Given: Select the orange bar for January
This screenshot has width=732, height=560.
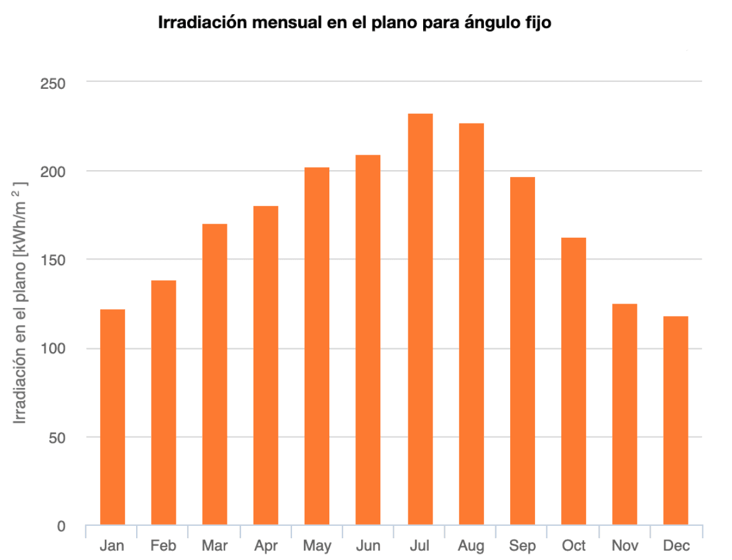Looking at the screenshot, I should [x=112, y=417].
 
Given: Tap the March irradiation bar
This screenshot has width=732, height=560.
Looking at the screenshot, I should [x=214, y=374].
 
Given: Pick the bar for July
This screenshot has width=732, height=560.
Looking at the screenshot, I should [x=420, y=319].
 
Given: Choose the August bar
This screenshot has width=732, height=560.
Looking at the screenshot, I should [x=471, y=323].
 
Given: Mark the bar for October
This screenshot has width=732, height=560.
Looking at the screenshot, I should [x=574, y=381].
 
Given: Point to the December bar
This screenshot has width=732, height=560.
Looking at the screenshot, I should [x=675, y=420].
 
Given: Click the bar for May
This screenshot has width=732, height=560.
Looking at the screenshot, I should [x=317, y=346].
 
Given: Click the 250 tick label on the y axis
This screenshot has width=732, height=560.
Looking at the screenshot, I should [x=53, y=83].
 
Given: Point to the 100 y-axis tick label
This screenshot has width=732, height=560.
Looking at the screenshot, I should [x=53, y=349].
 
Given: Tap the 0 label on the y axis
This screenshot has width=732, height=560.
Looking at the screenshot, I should [x=61, y=526].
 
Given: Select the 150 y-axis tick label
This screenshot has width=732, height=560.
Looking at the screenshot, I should [x=53, y=260].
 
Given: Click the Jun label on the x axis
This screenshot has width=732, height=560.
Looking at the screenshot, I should [x=368, y=546].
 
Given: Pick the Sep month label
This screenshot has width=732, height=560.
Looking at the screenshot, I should [x=522, y=546].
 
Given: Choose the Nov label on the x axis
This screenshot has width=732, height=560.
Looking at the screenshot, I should [x=624, y=546].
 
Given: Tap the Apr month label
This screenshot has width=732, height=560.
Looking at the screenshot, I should [x=266, y=546].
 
